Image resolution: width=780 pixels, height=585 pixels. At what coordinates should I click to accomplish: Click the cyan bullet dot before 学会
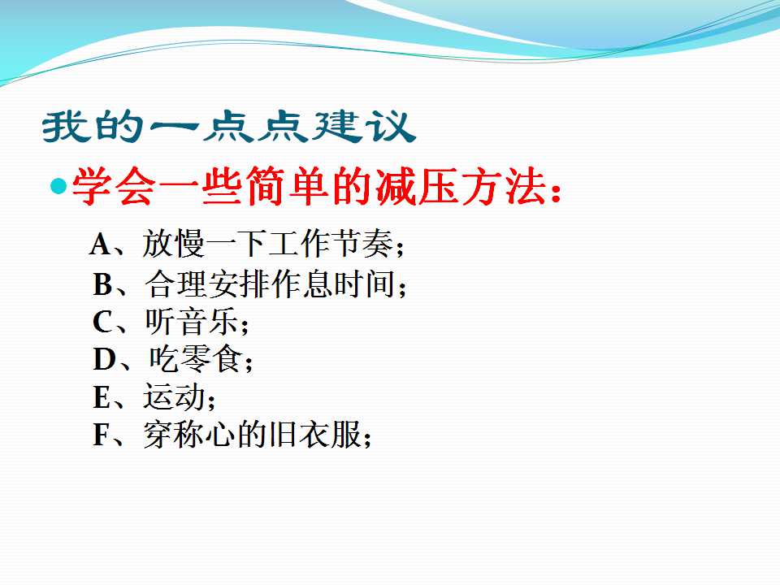coord(58,187)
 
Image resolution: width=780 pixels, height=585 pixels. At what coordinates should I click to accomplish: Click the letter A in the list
coord(101,245)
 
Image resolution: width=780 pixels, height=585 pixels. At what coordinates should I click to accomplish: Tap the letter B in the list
coord(103,284)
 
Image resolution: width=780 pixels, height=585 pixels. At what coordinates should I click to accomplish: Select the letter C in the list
coord(103,322)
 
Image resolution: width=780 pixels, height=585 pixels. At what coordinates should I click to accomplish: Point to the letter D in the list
coord(104,359)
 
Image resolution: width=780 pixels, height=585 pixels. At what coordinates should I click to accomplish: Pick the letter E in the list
coord(102,397)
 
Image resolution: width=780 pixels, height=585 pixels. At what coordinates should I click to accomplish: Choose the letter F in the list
coord(102,434)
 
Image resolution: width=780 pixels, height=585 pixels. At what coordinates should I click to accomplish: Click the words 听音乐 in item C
coord(192,322)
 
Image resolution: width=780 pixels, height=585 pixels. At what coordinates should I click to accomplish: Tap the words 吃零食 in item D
coord(196,358)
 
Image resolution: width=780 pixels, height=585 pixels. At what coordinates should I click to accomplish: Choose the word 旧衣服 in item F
coord(314,434)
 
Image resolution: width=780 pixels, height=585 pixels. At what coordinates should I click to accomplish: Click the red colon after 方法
coord(556,193)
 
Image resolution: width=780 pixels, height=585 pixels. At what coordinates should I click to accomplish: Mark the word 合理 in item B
coord(176,284)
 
